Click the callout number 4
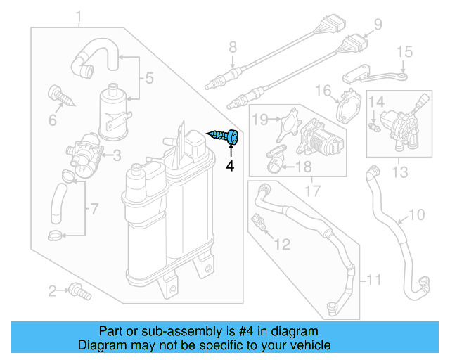tap(229, 166)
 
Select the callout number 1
tap(79, 15)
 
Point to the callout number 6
tap(53, 120)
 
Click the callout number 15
tap(404, 51)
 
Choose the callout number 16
tap(323, 91)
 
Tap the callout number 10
tap(417, 214)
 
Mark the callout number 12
tap(282, 245)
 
